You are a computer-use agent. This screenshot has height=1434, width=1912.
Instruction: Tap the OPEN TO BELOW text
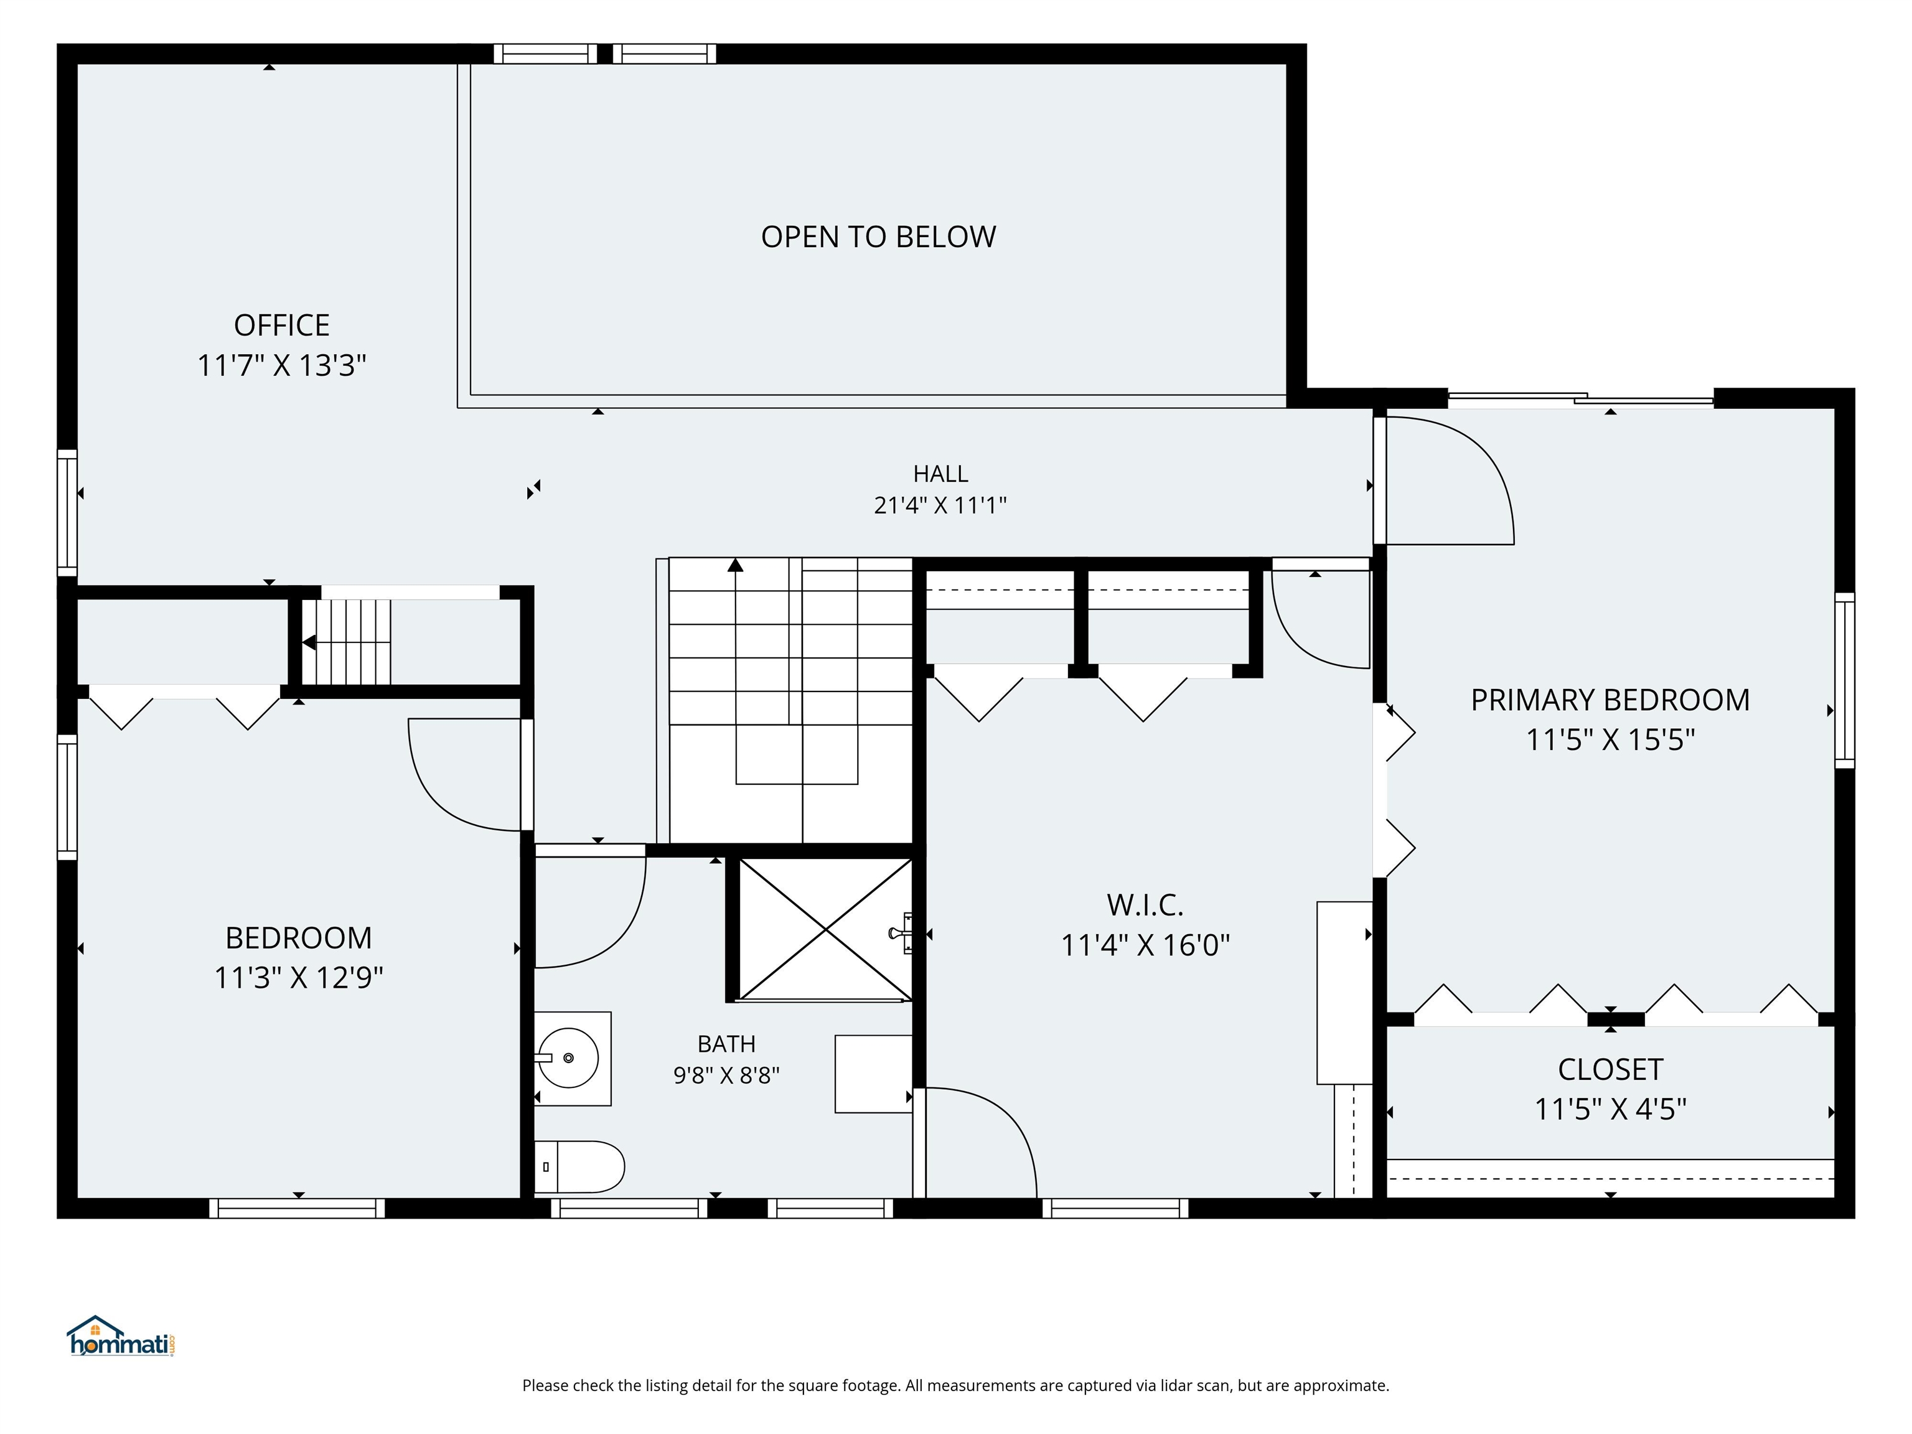coord(878,237)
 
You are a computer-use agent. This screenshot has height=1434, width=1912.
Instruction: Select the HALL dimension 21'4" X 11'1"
coord(940,505)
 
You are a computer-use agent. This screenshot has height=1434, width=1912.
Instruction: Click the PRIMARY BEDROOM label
coord(1610,700)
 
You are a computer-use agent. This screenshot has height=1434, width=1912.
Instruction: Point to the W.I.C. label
coord(1145,905)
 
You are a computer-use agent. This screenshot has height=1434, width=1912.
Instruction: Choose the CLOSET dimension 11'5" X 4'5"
coord(1610,1109)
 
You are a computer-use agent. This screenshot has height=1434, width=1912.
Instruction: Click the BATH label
coord(726,1044)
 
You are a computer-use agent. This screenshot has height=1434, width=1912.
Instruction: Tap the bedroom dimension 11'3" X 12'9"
coord(298,978)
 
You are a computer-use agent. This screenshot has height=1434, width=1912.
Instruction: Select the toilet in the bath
coord(579,1167)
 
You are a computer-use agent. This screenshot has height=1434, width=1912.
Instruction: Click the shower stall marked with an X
coord(825,929)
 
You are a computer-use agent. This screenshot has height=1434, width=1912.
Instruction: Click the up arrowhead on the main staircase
coord(736,565)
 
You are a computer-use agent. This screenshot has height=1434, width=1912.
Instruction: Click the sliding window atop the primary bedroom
coord(1581,400)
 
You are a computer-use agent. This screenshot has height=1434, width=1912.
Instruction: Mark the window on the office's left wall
coord(67,513)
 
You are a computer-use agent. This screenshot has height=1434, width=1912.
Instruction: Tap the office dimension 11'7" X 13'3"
coord(282,365)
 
